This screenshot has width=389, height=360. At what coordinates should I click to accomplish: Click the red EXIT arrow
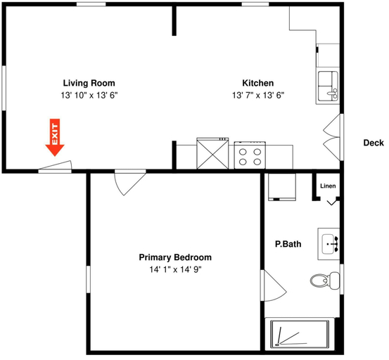click(x=55, y=137)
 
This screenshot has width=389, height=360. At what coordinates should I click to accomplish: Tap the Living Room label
click(x=89, y=83)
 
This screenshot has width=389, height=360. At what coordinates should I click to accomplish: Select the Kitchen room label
click(x=258, y=83)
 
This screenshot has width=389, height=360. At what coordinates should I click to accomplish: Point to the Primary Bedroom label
click(x=175, y=257)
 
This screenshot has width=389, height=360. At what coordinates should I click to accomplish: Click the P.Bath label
click(x=288, y=244)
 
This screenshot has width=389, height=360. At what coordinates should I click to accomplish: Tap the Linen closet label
click(x=328, y=186)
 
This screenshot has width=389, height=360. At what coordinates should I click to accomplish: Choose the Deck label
click(x=374, y=143)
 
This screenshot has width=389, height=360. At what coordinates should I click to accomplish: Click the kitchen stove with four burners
click(x=250, y=155)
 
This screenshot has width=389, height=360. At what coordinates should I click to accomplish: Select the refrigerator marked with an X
click(x=212, y=153)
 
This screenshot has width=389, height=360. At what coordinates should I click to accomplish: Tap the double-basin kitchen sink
click(x=328, y=86)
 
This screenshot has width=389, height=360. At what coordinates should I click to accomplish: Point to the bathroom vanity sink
click(x=329, y=244)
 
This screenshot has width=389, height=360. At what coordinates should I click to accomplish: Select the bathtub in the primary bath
click(x=300, y=334)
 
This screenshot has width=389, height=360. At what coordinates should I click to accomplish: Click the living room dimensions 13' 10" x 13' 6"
click(x=89, y=96)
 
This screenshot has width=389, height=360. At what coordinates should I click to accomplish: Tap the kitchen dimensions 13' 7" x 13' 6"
click(x=258, y=96)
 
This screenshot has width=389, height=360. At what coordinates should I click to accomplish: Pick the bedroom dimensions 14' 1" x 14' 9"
click(x=175, y=269)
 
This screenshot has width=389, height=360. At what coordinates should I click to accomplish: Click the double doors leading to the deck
click(x=333, y=137)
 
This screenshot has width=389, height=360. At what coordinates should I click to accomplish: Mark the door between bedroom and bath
click(x=274, y=285)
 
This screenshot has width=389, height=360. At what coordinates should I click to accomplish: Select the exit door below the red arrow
click(x=55, y=167)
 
